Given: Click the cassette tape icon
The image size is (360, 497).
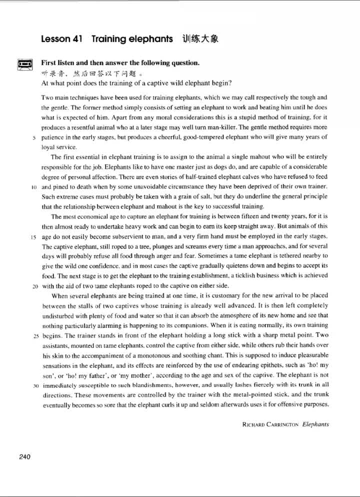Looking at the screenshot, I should coord(24,64).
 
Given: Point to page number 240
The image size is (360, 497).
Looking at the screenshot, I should coord(24,456).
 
